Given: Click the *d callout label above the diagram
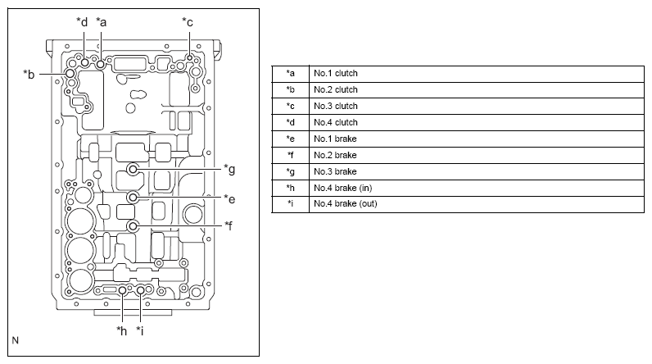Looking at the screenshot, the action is point(82,21).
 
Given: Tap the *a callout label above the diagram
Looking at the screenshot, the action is point(102,21).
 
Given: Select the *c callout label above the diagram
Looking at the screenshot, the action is point(188,21).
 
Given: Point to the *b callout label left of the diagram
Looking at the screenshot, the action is point(29,74).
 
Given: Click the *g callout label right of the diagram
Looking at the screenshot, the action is point(229,169).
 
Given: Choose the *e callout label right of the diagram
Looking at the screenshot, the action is point(229,199).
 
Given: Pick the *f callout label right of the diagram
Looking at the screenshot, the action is point(229,225).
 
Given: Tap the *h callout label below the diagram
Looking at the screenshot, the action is point(121,330).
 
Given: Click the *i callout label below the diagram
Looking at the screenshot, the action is point(140,330).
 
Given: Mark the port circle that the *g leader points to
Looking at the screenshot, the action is point(133,170).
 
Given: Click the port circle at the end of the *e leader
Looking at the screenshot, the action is point(133,198).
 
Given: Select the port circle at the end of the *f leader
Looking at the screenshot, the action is point(133,226).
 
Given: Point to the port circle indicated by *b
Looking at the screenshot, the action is point(70,74).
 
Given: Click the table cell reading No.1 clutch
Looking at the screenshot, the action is point(477,74).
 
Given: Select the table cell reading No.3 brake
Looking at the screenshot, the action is point(477,172).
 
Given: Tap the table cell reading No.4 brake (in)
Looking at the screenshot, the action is point(477,188).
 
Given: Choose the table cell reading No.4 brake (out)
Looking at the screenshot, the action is point(477,204).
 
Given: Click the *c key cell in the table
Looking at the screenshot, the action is point(291,107).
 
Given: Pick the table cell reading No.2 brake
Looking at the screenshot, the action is point(477,156).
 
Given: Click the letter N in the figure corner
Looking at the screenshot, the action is point(16,340).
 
